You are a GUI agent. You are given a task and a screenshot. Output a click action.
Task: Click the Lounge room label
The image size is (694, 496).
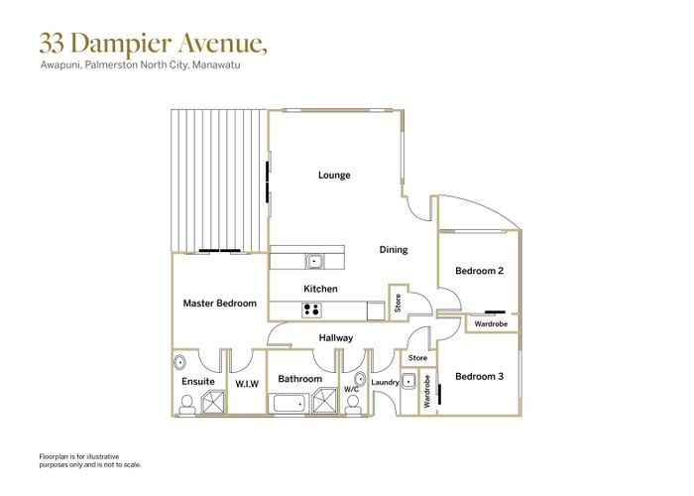(x=334, y=176)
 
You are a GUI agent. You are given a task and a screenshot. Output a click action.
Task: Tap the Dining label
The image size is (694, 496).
(x=393, y=250)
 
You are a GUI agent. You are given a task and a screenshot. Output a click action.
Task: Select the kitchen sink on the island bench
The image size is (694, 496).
(x=314, y=262)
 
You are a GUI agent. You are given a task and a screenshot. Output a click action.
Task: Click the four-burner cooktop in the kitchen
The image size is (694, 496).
(x=311, y=310)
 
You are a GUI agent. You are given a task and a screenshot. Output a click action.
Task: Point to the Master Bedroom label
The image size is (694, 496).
(x=220, y=303)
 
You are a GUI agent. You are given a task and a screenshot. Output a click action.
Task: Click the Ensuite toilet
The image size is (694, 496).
(x=186, y=403)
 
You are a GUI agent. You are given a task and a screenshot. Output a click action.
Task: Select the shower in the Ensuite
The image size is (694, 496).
(x=211, y=401)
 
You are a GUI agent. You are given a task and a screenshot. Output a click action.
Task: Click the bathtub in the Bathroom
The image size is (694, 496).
(x=290, y=402)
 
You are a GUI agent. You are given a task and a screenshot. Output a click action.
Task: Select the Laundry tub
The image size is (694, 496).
(x=407, y=408)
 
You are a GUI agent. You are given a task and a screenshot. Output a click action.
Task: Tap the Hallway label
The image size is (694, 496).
(x=336, y=338)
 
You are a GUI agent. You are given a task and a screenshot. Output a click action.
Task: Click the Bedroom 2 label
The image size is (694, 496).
(x=480, y=271)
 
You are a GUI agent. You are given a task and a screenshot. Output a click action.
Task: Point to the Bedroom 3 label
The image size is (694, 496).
(x=480, y=376)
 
